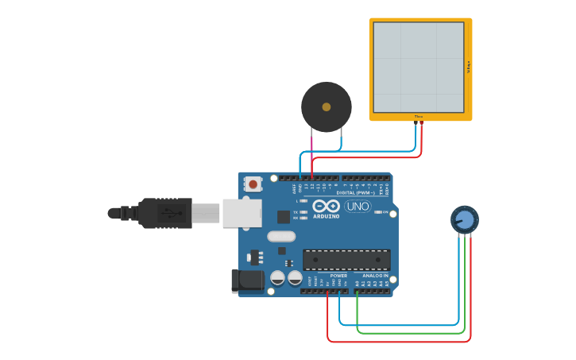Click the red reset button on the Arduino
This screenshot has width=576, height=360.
[x=253, y=184]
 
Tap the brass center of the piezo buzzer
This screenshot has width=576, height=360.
[x=327, y=106]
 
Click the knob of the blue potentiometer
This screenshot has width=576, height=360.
[x=465, y=219]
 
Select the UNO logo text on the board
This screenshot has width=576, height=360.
[x=358, y=206]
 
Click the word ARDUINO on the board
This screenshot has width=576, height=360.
[x=326, y=216]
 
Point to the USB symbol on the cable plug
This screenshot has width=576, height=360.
[x=168, y=213]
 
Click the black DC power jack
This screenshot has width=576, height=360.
[x=247, y=281]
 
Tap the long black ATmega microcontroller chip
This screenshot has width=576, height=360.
[x=346, y=260]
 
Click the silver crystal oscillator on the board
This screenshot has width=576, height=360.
[x=281, y=236]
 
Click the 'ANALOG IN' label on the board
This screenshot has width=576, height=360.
[x=375, y=276]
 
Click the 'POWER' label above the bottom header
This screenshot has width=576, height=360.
[x=338, y=276]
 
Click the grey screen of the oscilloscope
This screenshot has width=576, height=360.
[x=419, y=68]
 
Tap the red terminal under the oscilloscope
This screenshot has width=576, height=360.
[x=422, y=123]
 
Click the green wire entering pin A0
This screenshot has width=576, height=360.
[x=358, y=306]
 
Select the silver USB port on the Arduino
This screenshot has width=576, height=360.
[x=242, y=212]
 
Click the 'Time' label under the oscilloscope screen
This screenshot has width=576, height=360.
[x=419, y=117]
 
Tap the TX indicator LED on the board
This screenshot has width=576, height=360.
[x=303, y=212]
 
